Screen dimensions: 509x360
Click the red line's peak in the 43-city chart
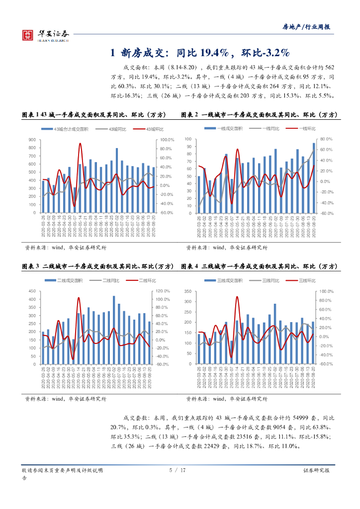point(80,144)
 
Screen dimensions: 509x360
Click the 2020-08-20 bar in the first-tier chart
point(314,178)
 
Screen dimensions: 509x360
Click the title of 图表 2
point(259,115)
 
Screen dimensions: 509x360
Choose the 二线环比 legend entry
point(144,281)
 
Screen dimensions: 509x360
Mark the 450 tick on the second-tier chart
point(32,291)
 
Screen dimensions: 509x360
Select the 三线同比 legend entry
point(270,281)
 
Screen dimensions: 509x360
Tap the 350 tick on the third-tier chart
point(188,291)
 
